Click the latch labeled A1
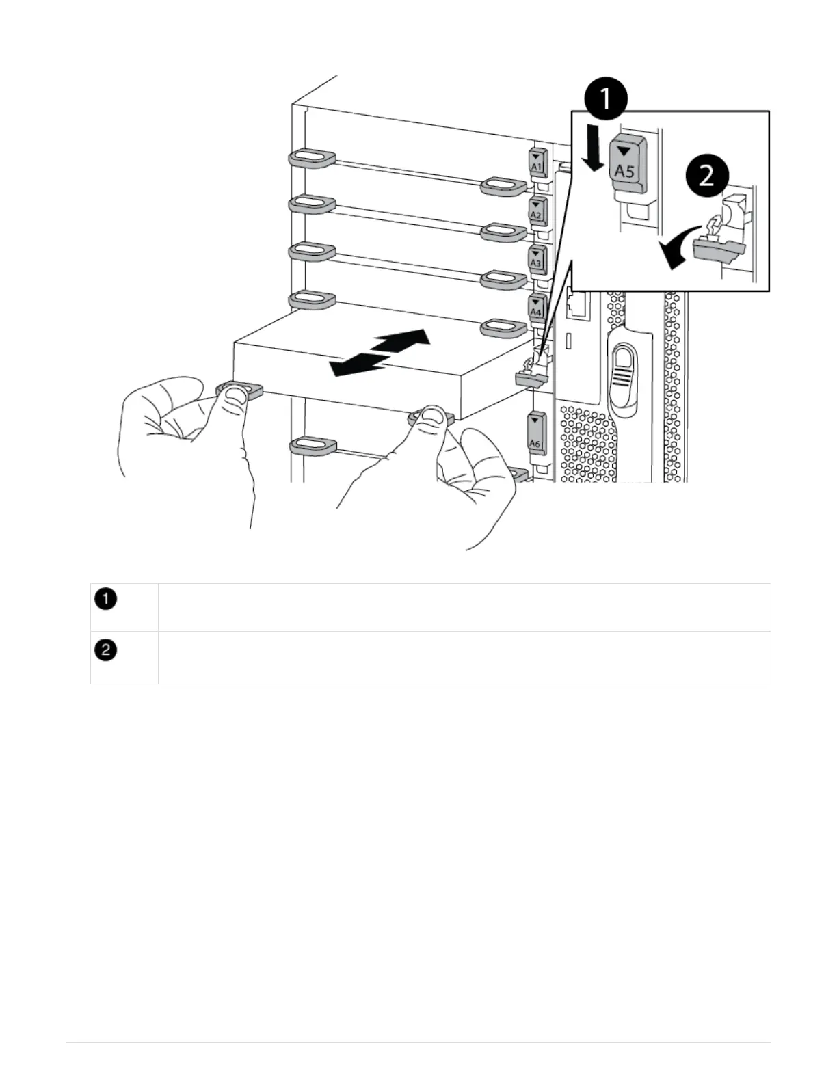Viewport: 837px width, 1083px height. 536,163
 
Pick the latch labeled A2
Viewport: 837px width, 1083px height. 536,211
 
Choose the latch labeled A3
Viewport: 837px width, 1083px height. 536,258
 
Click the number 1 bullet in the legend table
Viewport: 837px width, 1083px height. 106,600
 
